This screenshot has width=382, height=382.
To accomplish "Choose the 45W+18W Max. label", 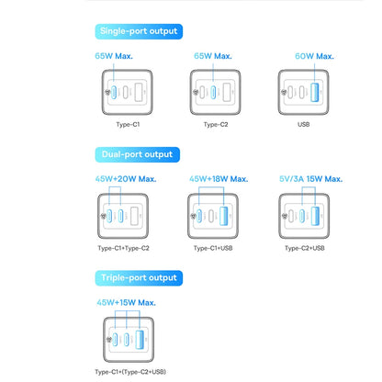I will tap(218, 179).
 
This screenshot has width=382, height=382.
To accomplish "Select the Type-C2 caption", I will tap(218, 123).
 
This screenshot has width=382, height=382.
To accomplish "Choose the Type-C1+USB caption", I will tap(218, 248).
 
